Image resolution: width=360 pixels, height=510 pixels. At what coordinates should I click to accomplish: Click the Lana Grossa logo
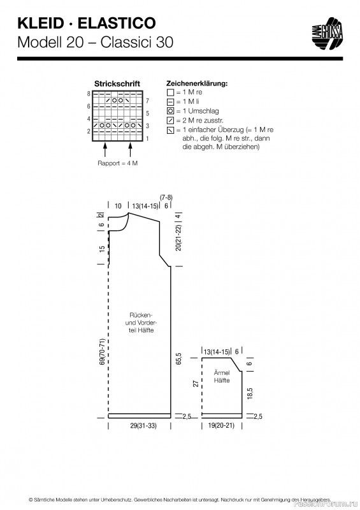pyautogui.click(x=327, y=34)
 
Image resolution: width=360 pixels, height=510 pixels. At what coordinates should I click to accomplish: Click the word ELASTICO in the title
pyautogui.click(x=117, y=23)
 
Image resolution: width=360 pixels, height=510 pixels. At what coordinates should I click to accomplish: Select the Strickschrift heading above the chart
pyautogui.click(x=117, y=84)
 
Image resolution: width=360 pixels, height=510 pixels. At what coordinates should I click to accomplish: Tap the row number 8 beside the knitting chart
pyautogui.click(x=89, y=94)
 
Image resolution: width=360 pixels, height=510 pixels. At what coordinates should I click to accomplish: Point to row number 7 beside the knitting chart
pyautogui.click(x=148, y=101)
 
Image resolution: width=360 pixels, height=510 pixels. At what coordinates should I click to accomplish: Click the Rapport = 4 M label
pyautogui.click(x=117, y=163)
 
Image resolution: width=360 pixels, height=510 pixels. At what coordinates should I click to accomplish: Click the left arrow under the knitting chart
pyautogui.click(x=104, y=150)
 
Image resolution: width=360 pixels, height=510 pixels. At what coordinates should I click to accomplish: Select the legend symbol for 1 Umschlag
pyautogui.click(x=170, y=111)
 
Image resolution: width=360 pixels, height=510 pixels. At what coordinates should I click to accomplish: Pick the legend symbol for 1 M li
pyautogui.click(x=170, y=101)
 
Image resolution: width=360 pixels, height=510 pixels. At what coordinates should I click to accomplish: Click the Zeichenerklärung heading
pyautogui.click(x=197, y=84)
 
